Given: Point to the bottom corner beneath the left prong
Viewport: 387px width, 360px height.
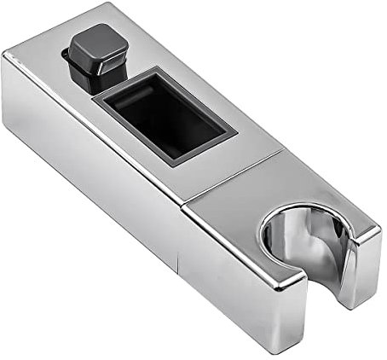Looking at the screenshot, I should click(x=294, y=341).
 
